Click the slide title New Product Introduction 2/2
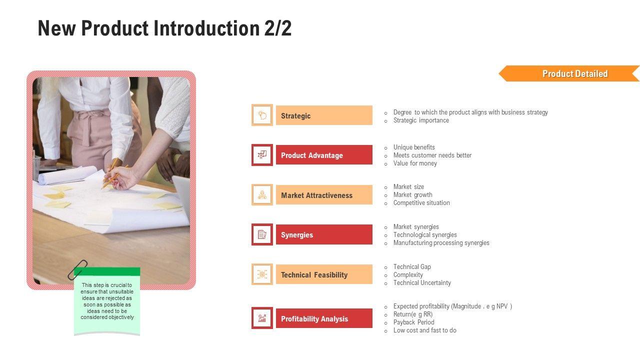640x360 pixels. pyautogui.click(x=164, y=28)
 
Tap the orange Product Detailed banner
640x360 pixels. pyautogui.click(x=568, y=73)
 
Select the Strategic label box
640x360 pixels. pyautogui.click(x=324, y=115)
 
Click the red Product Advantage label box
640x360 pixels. pyautogui.click(x=324, y=155)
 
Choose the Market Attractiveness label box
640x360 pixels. pyautogui.click(x=324, y=195)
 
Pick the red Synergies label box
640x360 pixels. pyautogui.click(x=324, y=234)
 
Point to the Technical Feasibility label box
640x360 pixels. pyautogui.click(x=324, y=274)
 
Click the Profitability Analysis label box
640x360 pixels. pyautogui.click(x=324, y=318)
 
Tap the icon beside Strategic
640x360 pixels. pyautogui.click(x=262, y=115)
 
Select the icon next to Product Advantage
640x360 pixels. pyautogui.click(x=262, y=155)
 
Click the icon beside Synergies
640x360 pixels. pyautogui.click(x=262, y=234)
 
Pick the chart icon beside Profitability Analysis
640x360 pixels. pyautogui.click(x=262, y=318)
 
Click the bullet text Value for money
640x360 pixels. pyautogui.click(x=415, y=163)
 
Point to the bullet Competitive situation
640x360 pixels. pyautogui.click(x=421, y=203)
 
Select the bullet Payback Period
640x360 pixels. pyautogui.click(x=413, y=322)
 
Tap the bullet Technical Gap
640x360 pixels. pyautogui.click(x=412, y=267)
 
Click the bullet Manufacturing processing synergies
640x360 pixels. pyautogui.click(x=441, y=243)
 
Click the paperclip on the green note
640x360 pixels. pyautogui.click(x=77, y=269)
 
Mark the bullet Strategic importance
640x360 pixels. pyautogui.click(x=421, y=120)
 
